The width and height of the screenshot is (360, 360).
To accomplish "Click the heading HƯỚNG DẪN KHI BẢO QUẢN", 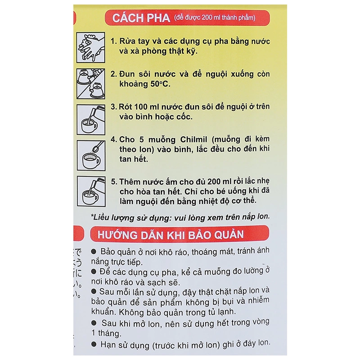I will click(167, 235).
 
